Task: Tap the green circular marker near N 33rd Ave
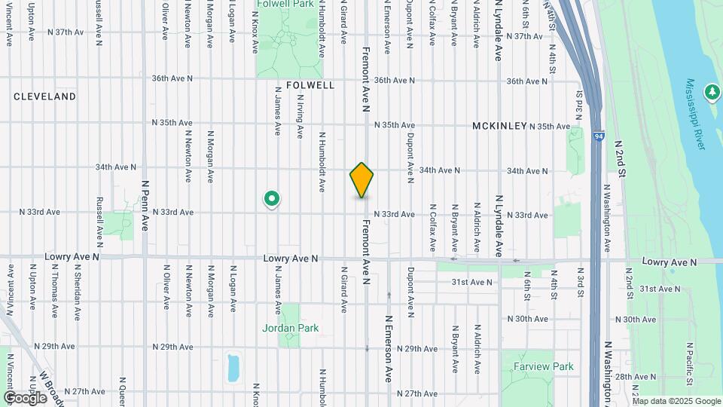point(272,199)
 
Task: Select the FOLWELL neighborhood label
point(310,85)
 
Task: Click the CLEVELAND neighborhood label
point(45,96)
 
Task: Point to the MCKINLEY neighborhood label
point(499,126)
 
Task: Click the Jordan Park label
point(291,328)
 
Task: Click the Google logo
point(24,397)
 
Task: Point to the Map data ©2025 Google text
point(676,401)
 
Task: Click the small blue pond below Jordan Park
point(233,367)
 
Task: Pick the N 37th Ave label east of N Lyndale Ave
point(525,36)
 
